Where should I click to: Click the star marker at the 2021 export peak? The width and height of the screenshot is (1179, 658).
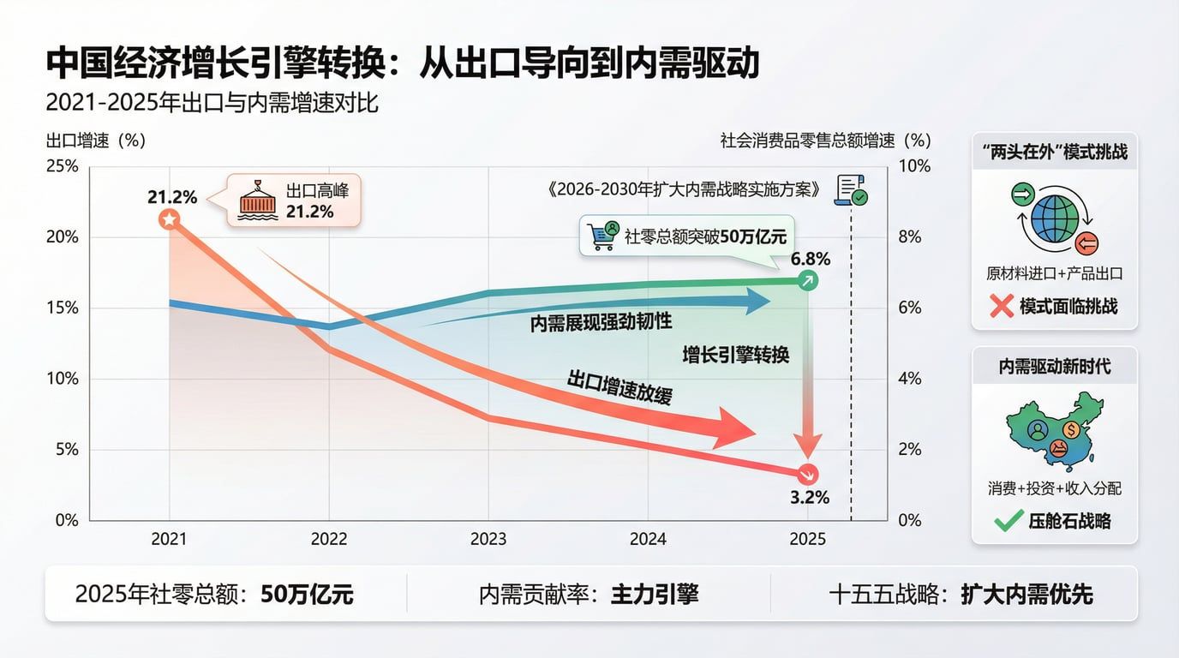[x=170, y=220]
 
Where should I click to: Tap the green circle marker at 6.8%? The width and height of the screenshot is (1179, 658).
[x=807, y=280]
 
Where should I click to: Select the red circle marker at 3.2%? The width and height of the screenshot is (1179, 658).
[x=807, y=474]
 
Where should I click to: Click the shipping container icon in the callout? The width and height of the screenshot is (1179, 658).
[x=258, y=201]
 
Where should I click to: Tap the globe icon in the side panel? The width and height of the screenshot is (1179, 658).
[x=1055, y=218]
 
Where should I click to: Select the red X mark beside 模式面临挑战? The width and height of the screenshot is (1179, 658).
[x=1001, y=306]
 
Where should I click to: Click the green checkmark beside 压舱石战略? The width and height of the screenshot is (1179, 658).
[x=1008, y=520]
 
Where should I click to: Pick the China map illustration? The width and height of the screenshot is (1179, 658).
[x=1055, y=430]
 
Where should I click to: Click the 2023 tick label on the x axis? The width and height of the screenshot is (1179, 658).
[x=488, y=539]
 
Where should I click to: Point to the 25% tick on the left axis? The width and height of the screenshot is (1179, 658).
[x=62, y=166]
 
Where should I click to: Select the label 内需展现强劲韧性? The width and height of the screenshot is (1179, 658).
[x=601, y=322]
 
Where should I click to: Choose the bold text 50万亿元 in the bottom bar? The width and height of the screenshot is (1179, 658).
[x=307, y=594]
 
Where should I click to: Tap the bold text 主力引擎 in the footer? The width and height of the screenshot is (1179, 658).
[x=654, y=594]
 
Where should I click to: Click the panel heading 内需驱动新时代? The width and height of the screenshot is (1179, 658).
[x=1055, y=366]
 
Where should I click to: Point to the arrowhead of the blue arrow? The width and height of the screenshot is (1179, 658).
[x=757, y=301]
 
